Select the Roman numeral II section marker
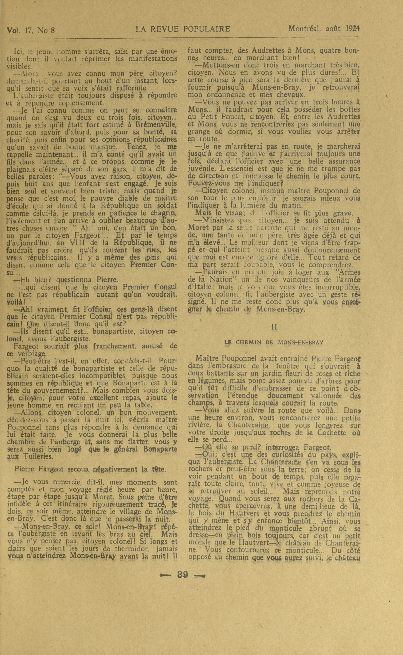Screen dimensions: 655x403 tap(274, 327)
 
